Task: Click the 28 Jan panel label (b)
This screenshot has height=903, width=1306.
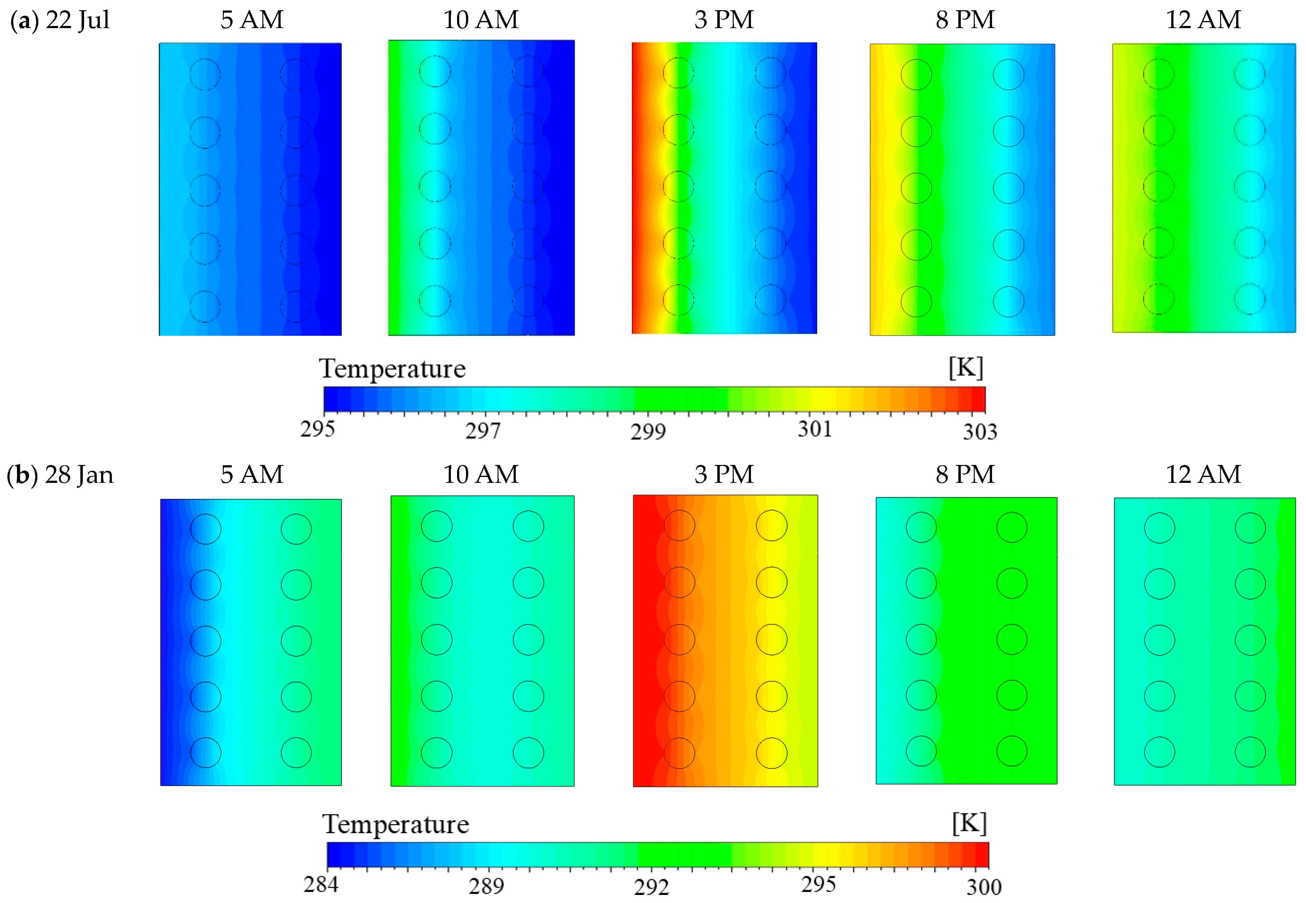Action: pos(59,475)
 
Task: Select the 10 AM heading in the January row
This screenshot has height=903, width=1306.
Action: pos(481,475)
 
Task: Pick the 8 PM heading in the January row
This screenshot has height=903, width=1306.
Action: pos(965,475)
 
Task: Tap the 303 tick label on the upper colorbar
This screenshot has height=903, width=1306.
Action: pos(980,432)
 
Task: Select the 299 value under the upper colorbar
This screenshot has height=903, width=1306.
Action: pos(648,432)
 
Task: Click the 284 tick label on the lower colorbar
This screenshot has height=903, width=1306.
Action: pos(321,884)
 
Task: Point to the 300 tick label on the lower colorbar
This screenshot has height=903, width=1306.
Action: pos(983,887)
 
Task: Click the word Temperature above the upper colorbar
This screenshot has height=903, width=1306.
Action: pos(392,369)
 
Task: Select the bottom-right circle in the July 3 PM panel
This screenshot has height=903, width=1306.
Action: pos(770,300)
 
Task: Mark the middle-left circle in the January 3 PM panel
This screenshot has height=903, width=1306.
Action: pos(679,639)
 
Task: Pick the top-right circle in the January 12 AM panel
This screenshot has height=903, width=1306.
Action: pos(1250,528)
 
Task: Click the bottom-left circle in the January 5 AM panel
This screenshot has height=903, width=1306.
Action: pos(206,753)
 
